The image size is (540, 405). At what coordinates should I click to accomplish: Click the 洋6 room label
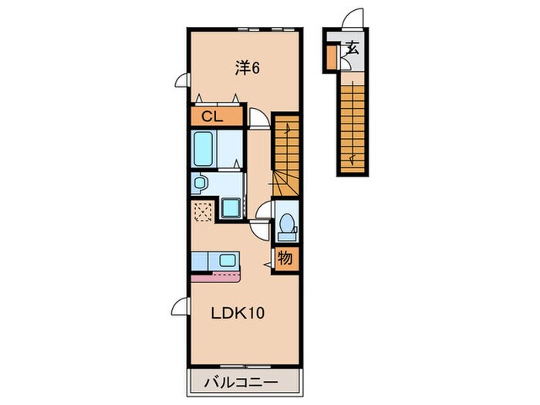248,68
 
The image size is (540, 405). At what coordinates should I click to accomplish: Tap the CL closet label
212,116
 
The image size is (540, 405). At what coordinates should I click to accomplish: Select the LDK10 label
238,313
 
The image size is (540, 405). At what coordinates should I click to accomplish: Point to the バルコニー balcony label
241,383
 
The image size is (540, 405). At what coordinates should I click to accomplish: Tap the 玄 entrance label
353,48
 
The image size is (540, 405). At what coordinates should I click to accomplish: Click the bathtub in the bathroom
203,149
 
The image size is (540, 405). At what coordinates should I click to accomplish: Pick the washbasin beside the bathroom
199,183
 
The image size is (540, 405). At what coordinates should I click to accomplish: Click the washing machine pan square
231,208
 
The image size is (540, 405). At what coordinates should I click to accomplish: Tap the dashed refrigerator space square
204,211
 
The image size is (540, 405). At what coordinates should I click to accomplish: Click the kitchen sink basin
228,260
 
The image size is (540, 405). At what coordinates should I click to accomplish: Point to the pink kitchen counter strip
215,276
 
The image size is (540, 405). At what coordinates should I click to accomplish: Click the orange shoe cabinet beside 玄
331,57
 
